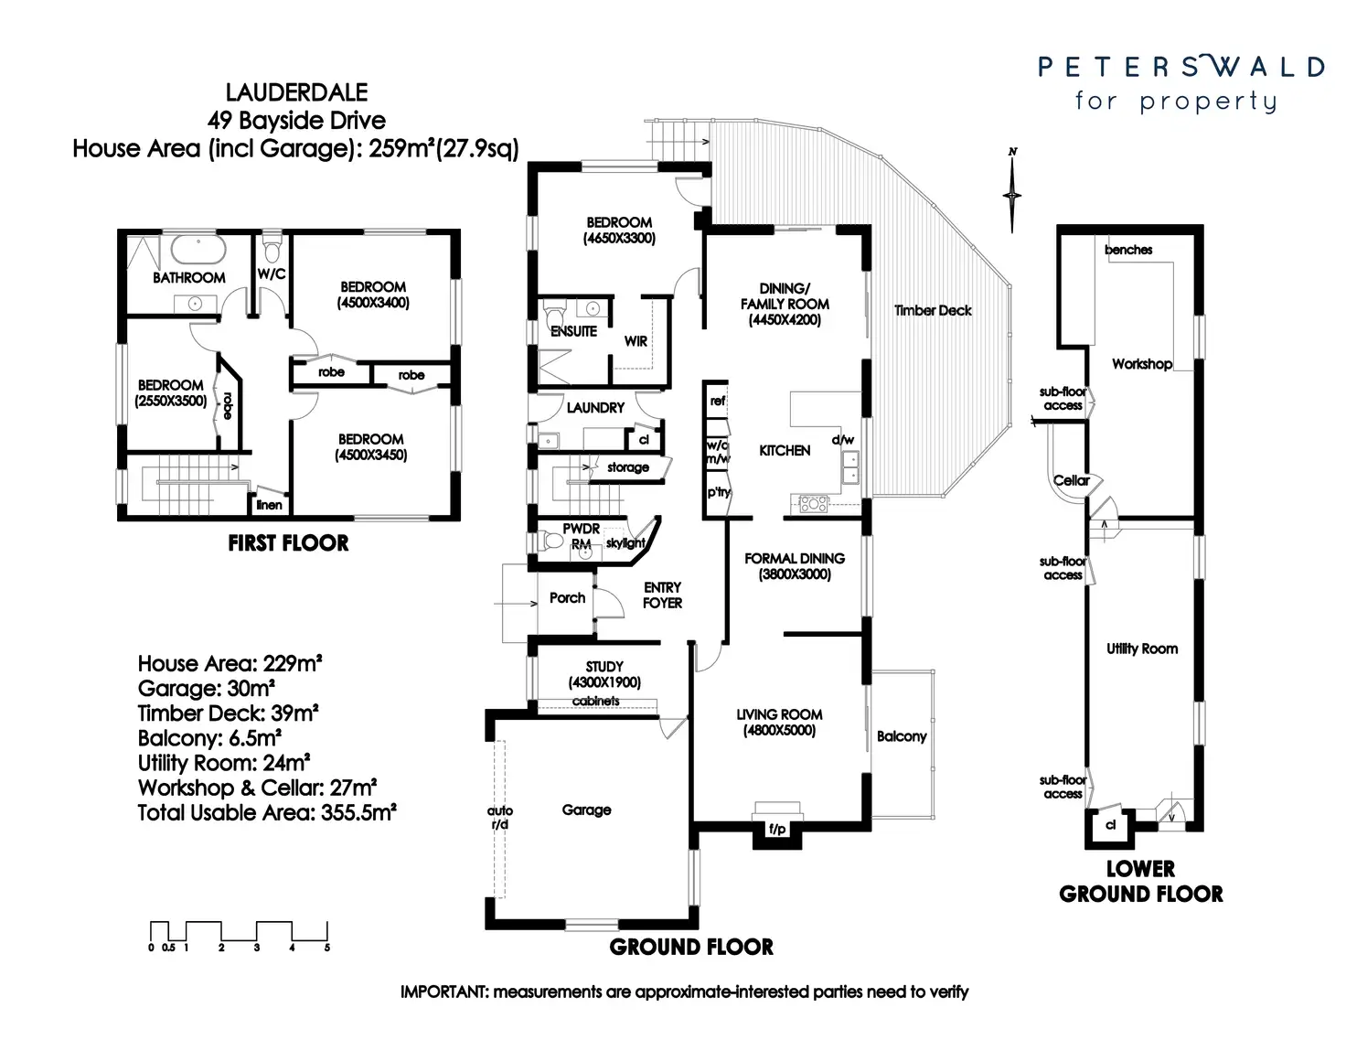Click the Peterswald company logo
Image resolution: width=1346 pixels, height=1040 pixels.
tap(1180, 82)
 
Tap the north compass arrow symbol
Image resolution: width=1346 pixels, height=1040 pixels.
tap(1012, 193)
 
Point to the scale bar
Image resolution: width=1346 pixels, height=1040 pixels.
tap(239, 933)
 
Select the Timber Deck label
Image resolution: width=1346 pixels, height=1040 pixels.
tap(933, 310)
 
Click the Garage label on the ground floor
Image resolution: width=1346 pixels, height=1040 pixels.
tap(586, 809)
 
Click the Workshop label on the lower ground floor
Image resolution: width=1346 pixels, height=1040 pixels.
tap(1141, 363)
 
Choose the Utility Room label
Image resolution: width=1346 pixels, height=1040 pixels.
tap(1142, 649)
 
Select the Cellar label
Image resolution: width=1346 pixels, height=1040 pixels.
tap(1071, 480)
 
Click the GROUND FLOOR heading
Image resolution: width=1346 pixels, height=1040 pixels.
tap(691, 947)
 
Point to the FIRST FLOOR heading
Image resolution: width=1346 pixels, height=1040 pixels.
tap(288, 543)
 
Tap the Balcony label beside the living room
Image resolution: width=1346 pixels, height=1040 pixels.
tap(902, 736)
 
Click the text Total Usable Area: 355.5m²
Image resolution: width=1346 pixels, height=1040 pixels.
tap(267, 812)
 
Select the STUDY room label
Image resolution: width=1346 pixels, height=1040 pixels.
tap(604, 667)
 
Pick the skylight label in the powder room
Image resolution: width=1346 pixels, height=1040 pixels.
tap(625, 543)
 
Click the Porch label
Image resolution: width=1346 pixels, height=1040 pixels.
tap(567, 597)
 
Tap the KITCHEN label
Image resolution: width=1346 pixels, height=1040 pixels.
tap(785, 450)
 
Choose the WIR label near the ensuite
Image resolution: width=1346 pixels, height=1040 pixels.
tap(636, 341)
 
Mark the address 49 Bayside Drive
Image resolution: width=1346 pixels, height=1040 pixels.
tap(296, 120)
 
